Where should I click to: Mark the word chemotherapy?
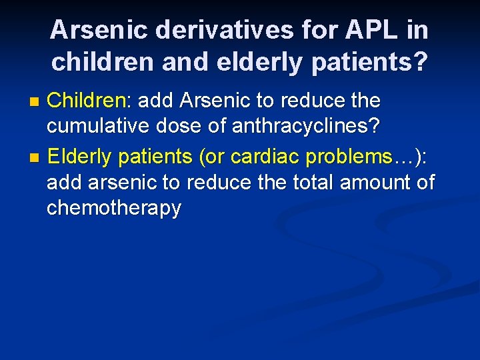[114, 208]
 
